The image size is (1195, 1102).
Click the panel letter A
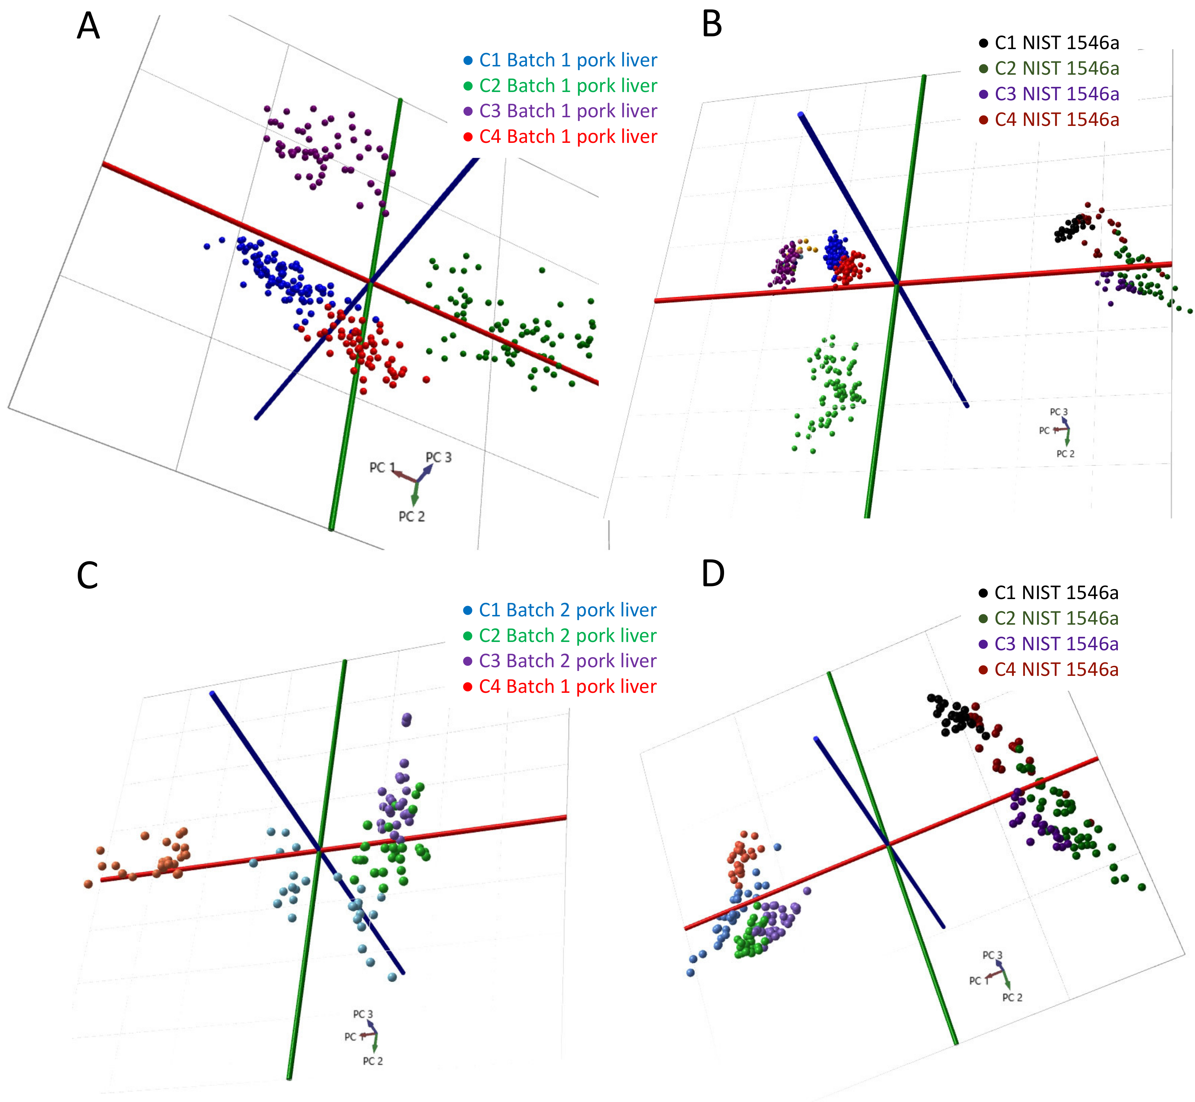[x=88, y=27]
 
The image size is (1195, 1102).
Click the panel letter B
[x=712, y=25]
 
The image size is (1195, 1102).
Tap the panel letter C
[x=87, y=576]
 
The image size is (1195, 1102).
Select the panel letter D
[x=713, y=574]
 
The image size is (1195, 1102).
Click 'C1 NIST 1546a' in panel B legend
[x=1056, y=43]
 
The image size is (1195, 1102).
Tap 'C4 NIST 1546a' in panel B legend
[x=1056, y=120]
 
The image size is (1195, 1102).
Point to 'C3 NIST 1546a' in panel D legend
[x=1056, y=644]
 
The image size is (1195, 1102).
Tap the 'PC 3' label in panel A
[x=439, y=457]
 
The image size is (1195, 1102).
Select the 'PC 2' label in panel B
[x=1065, y=454]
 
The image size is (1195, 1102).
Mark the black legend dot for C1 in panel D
[x=983, y=593]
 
